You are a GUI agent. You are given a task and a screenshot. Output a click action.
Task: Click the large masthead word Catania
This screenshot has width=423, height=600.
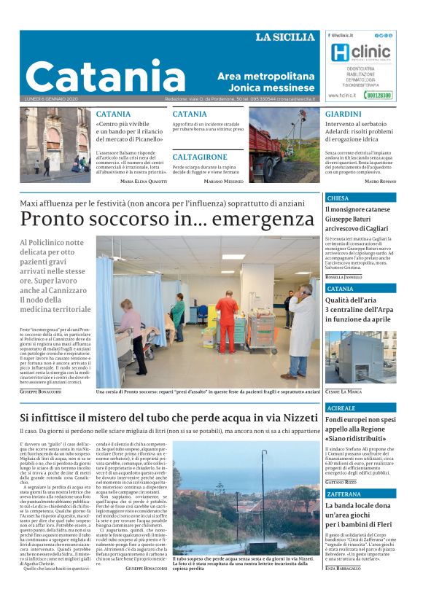tap(106, 77)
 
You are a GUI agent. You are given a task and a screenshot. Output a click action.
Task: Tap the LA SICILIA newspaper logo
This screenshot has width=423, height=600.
tap(285, 37)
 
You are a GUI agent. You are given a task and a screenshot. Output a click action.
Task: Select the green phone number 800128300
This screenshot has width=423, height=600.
tap(379, 95)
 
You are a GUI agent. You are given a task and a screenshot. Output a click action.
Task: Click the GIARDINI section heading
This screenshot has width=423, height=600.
tap(343, 114)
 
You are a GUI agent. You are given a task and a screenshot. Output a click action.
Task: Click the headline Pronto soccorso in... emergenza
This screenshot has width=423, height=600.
tap(167, 218)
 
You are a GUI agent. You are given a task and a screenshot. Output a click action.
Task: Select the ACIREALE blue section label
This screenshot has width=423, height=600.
tap(341, 408)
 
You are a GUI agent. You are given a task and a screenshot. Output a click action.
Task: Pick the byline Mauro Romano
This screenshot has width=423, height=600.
tap(380, 181)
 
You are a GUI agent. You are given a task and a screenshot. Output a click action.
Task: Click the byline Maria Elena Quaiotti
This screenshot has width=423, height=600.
tap(142, 181)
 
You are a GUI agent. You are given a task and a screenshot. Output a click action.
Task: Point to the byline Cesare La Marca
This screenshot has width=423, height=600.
tap(343, 391)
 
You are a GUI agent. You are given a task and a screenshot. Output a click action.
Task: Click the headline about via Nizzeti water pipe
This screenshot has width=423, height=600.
tap(168, 418)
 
